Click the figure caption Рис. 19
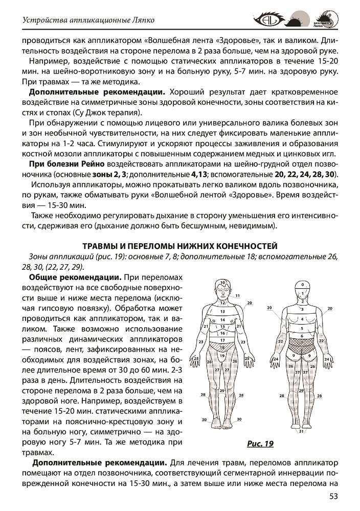260,443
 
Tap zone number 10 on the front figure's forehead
222,283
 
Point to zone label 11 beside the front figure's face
238,295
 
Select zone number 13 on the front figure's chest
222,311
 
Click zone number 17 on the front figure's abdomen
222,339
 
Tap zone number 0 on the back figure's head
303,285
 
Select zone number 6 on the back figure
303,336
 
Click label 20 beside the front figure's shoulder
250,303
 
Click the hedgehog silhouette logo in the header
295,20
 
